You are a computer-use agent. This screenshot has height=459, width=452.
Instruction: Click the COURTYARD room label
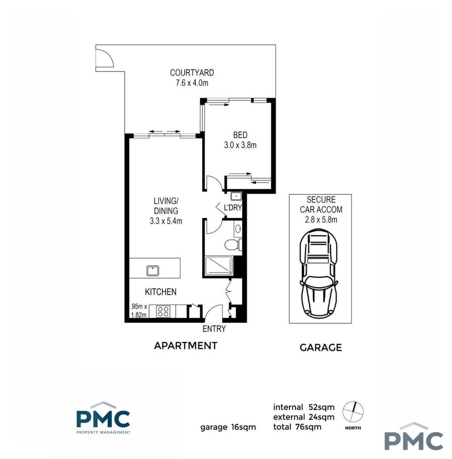pyautogui.click(x=192, y=73)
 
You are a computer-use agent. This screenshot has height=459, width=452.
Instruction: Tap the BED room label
pyautogui.click(x=240, y=135)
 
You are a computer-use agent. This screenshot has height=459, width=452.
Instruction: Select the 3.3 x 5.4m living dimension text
pyautogui.click(x=166, y=221)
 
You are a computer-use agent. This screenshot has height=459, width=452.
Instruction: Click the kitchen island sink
pyautogui.click(x=153, y=270)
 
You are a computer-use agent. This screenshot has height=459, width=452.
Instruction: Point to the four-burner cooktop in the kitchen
pyautogui.click(x=163, y=312)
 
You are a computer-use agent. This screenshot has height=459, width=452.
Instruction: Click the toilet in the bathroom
pyautogui.click(x=232, y=245)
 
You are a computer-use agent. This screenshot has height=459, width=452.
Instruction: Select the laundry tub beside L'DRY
pyautogui.click(x=236, y=196)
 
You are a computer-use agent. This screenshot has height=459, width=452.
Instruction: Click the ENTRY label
pyautogui.click(x=214, y=329)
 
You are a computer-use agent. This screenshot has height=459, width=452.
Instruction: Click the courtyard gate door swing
pyautogui.click(x=104, y=58)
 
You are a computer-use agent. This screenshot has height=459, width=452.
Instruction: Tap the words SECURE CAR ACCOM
pyautogui.click(x=321, y=204)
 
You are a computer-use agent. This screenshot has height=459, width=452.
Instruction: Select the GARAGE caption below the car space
pyautogui.click(x=321, y=348)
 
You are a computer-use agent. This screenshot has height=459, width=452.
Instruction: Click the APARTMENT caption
pyautogui.click(x=186, y=346)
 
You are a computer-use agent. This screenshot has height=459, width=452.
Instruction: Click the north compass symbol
pyautogui.click(x=353, y=411)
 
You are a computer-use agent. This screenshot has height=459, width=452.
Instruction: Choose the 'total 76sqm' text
pyautogui.click(x=297, y=427)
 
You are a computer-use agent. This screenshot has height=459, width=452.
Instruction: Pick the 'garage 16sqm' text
pyautogui.click(x=228, y=427)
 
